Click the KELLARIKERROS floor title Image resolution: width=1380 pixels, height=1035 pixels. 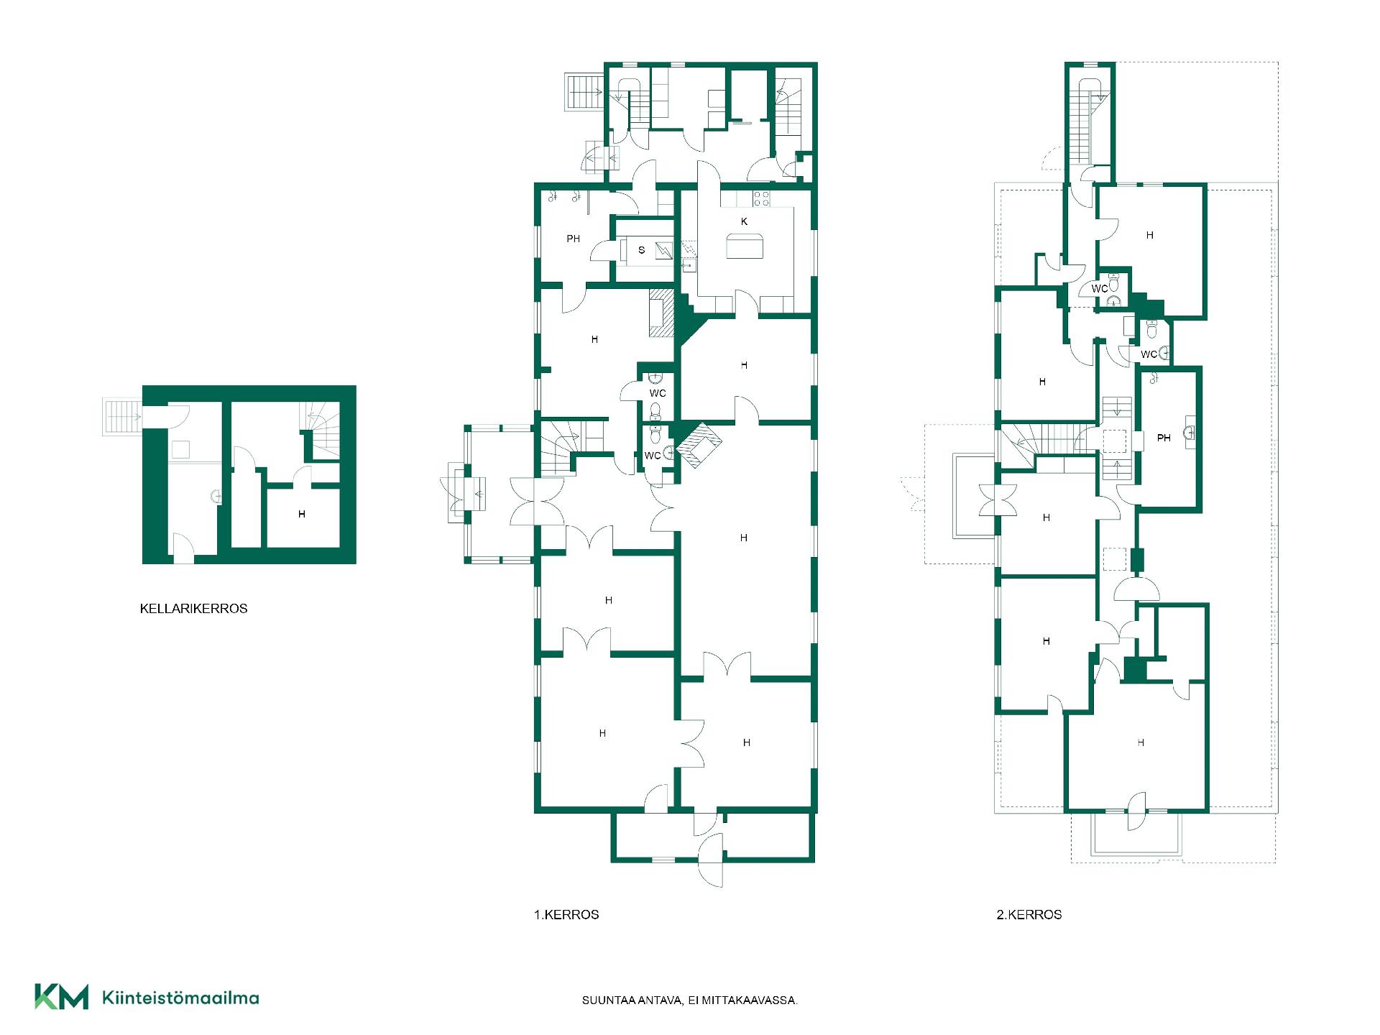[193, 608]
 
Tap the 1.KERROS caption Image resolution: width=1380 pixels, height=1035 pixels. [566, 914]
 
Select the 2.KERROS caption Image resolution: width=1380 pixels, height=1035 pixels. [1029, 914]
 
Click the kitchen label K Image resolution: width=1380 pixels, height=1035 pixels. [744, 221]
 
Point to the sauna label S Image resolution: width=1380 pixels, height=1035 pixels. [642, 250]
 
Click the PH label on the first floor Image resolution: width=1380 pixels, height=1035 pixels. [573, 239]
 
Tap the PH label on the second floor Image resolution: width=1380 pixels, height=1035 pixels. [1164, 438]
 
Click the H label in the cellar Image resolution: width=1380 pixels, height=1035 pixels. [302, 514]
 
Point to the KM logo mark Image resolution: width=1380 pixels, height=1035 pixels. [62, 996]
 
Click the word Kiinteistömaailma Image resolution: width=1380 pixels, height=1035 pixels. [180, 998]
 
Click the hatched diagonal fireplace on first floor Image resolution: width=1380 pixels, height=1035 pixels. [698, 446]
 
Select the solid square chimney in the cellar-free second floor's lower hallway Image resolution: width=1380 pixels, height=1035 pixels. [1135, 670]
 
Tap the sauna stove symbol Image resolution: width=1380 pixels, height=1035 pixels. [666, 250]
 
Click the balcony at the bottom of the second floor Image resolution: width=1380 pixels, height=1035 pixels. [1136, 834]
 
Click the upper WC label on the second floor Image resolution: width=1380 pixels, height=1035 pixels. [1100, 289]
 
